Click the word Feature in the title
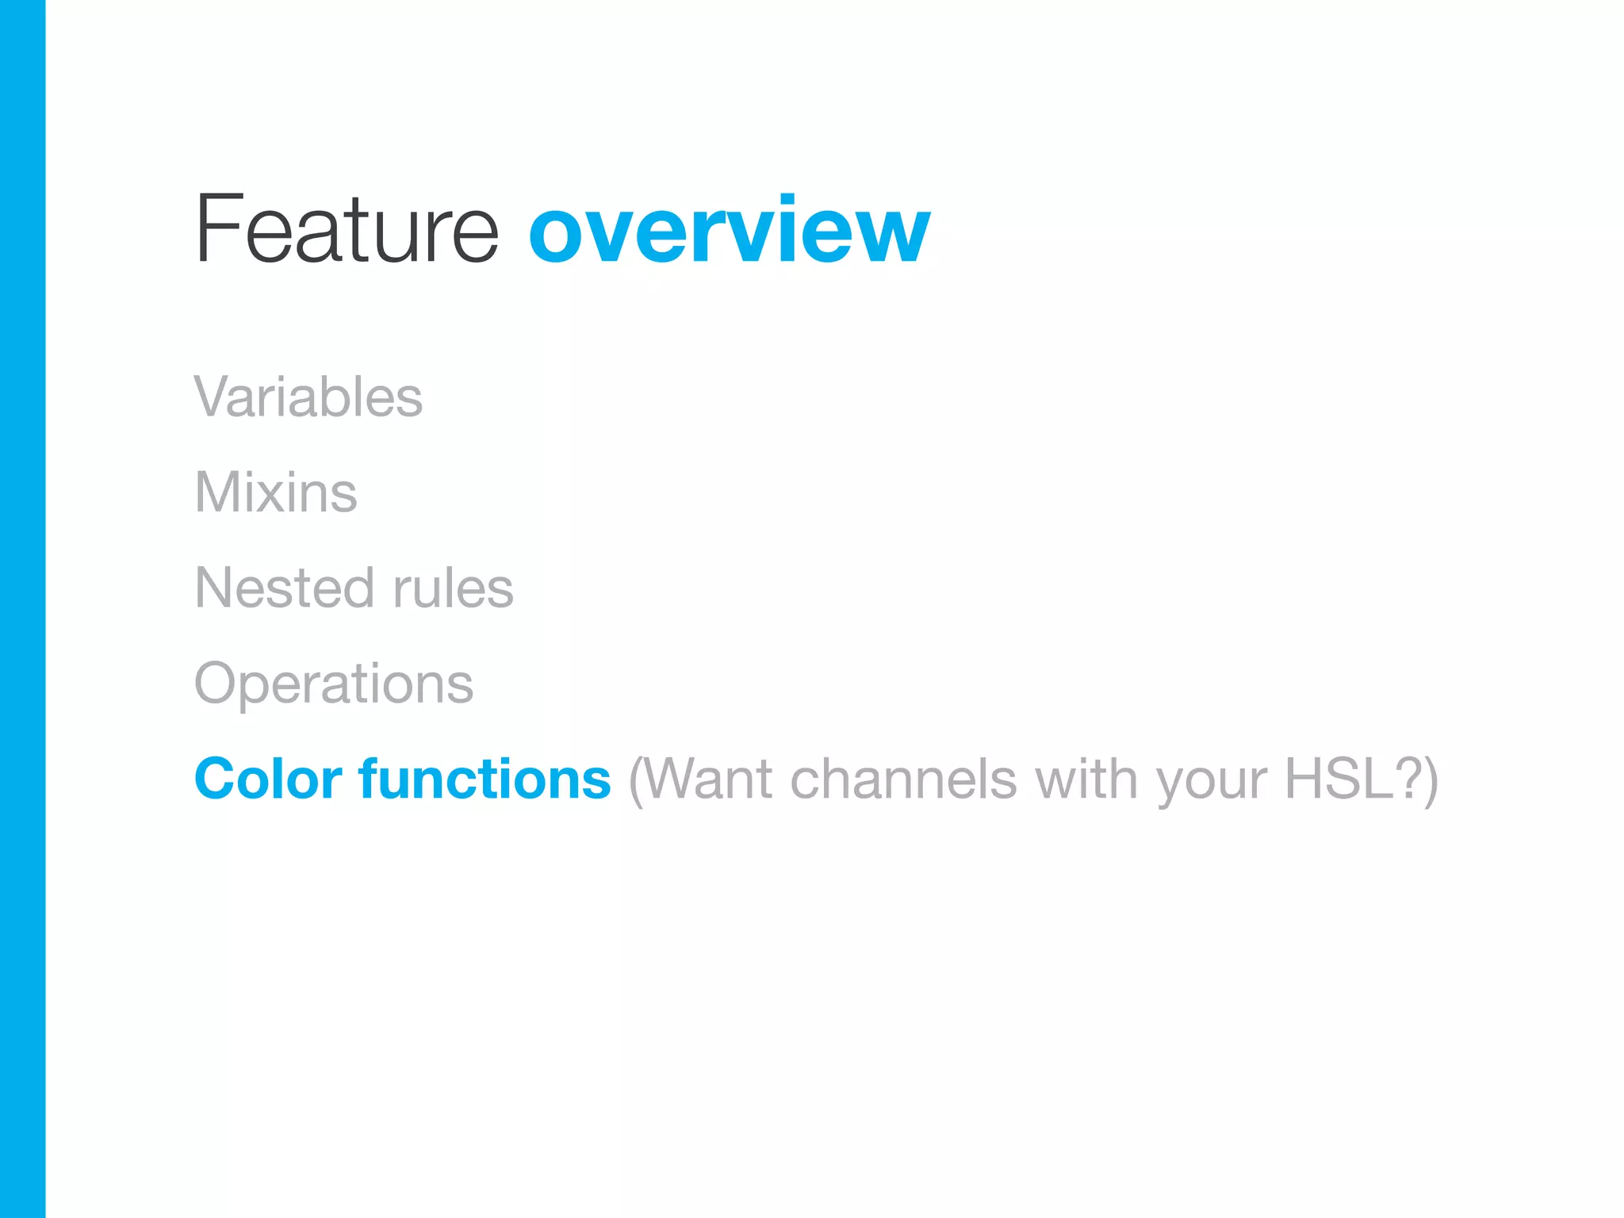pos(347,230)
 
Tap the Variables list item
pos(308,396)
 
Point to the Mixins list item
pos(276,492)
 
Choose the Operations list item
pos(334,684)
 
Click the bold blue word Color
pos(268,779)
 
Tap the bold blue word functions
pos(485,779)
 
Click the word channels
pos(903,779)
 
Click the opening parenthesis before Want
pos(635,780)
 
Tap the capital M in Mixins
pos(218,492)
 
